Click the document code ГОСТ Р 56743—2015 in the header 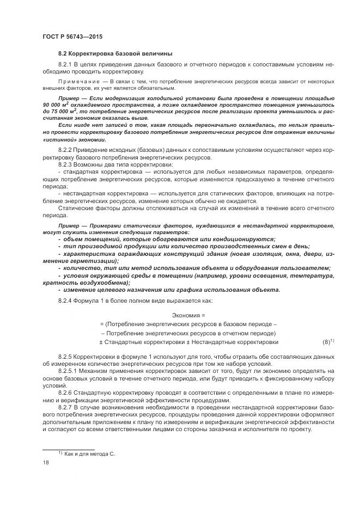coord(72,36)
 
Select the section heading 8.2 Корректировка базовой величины coord(115,53)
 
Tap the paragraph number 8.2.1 coord(66,65)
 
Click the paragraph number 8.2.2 coord(66,149)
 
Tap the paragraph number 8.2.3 coord(66,164)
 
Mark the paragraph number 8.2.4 coord(66,301)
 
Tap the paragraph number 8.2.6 coord(66,393)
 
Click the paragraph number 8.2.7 coord(66,408)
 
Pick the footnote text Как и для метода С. coord(90,454)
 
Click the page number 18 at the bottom coord(46,463)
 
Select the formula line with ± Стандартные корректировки coord(188,342)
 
